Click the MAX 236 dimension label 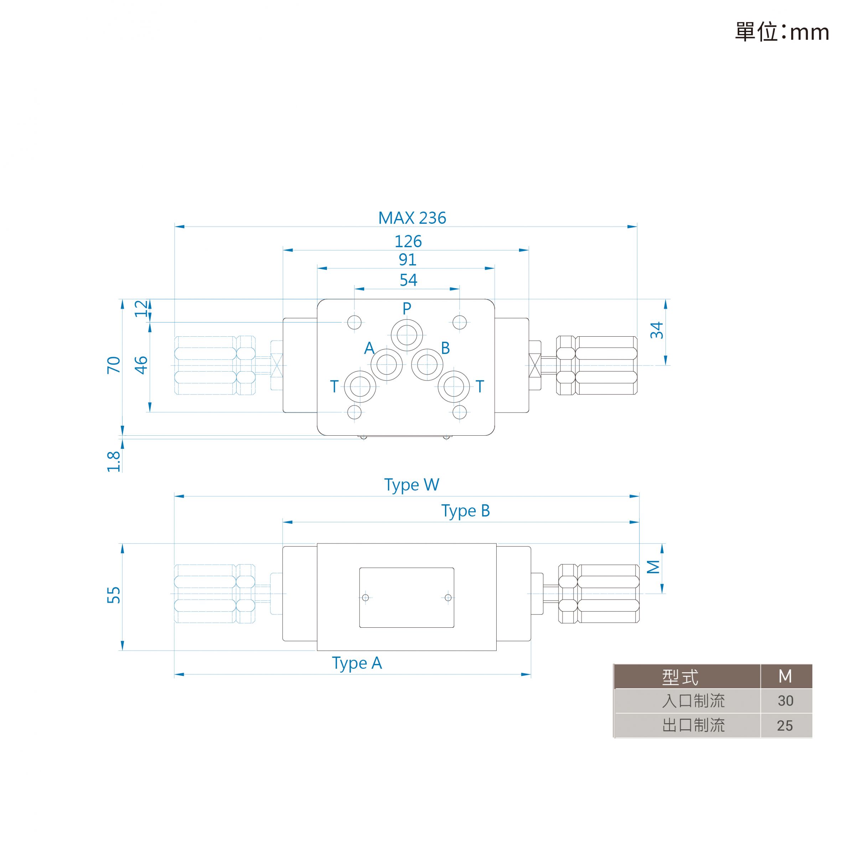(x=412, y=218)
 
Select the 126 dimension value (x=408, y=241)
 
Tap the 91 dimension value (x=408, y=259)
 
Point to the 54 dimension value (x=408, y=280)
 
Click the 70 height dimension (x=114, y=365)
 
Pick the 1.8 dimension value (x=114, y=462)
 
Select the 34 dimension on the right (x=657, y=330)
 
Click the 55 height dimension (x=114, y=595)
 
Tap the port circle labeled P (x=407, y=335)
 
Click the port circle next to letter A (x=387, y=365)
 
